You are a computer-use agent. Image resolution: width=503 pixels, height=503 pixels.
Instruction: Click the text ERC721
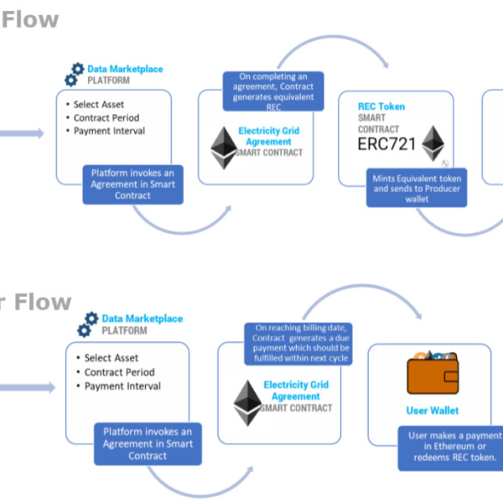pos(387,143)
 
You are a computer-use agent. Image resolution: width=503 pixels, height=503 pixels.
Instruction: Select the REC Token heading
pos(381,106)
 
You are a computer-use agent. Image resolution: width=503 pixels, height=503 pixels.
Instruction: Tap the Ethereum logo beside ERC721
pos(432,143)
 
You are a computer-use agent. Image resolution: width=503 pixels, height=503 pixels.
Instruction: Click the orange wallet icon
pos(432,374)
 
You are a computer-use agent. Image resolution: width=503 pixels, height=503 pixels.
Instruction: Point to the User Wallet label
pos(432,411)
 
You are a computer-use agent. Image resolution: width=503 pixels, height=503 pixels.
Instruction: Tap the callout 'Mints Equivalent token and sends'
pos(417,189)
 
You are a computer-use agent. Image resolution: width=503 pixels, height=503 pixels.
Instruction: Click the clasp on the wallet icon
pos(449,375)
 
